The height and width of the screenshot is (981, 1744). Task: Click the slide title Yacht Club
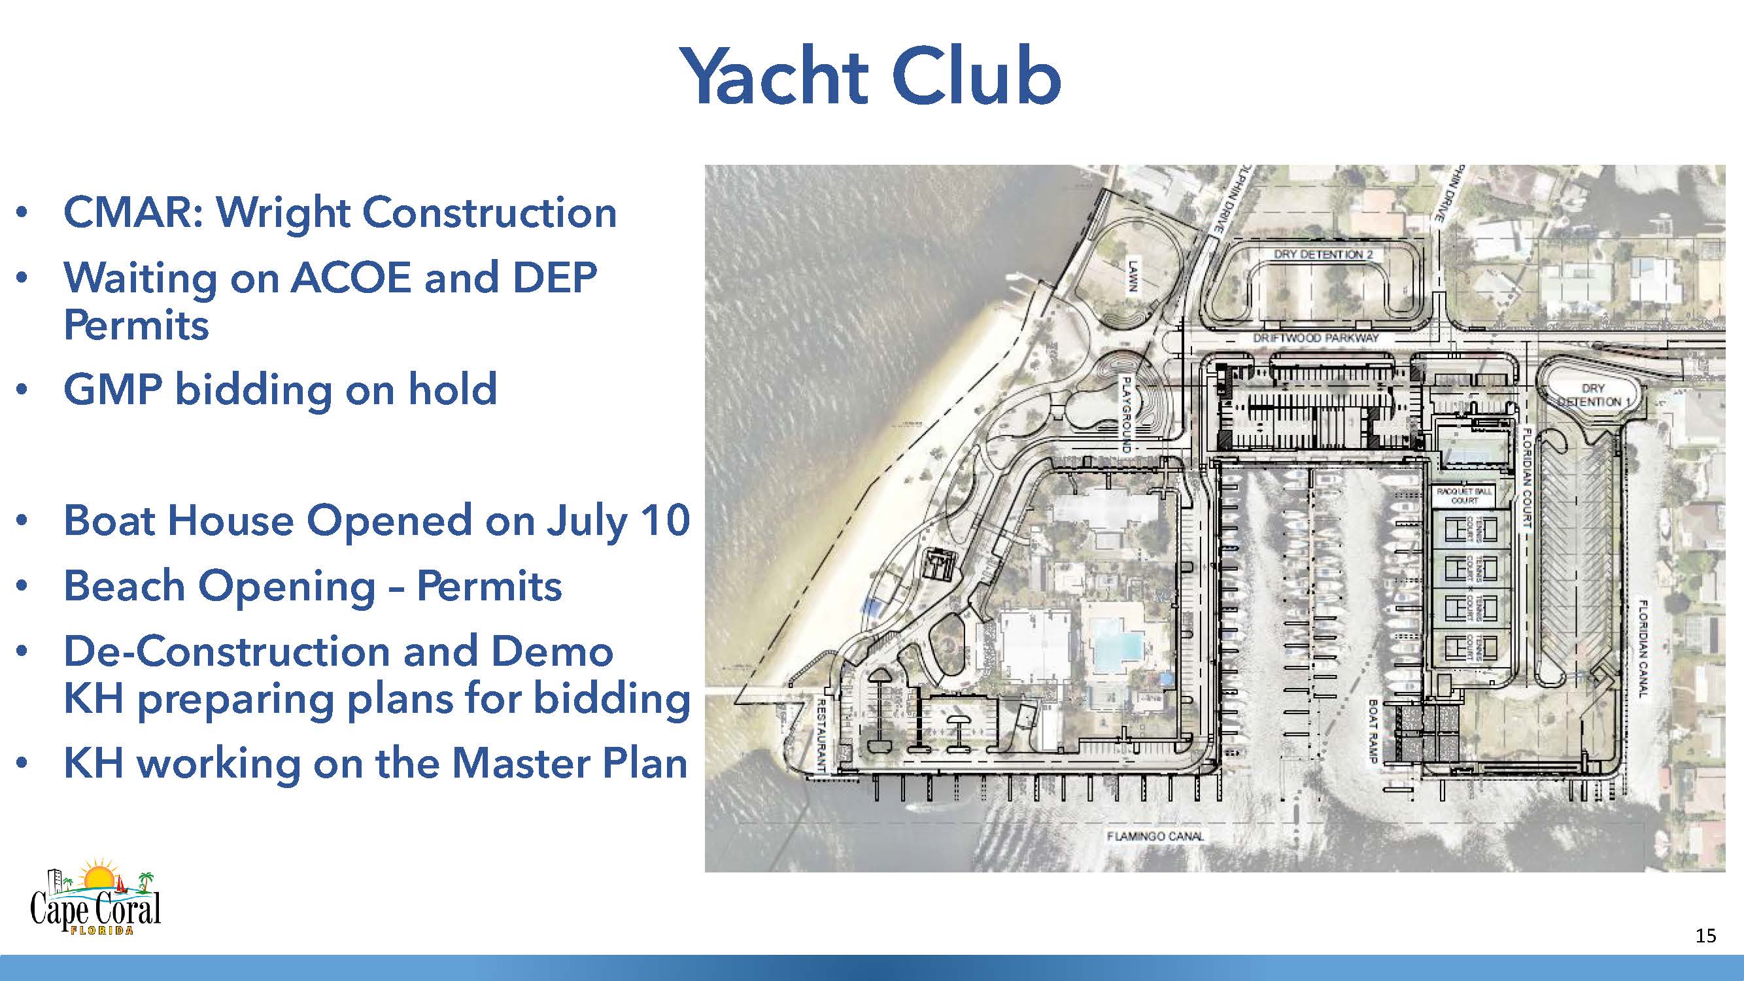click(x=870, y=76)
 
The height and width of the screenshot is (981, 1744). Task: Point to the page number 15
click(x=1705, y=937)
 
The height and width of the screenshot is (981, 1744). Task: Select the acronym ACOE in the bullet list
click(x=351, y=277)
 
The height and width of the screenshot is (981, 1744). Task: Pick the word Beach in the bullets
click(x=124, y=585)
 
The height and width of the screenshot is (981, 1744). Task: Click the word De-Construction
click(x=227, y=651)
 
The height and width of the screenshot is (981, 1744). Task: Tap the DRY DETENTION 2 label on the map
click(x=1323, y=254)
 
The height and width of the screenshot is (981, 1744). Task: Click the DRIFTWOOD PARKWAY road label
click(x=1316, y=338)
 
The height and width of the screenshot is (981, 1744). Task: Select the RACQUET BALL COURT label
click(x=1464, y=496)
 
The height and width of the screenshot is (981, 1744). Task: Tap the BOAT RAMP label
click(x=1374, y=731)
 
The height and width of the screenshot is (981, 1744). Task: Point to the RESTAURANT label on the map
click(x=820, y=735)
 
